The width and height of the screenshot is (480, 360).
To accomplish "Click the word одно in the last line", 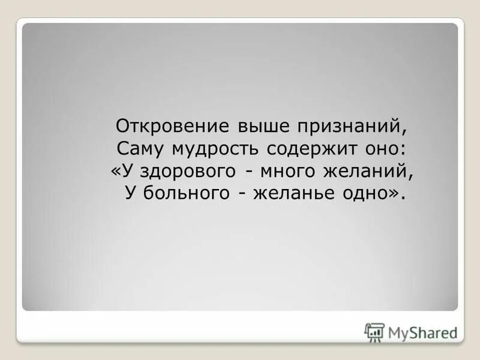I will [366, 194].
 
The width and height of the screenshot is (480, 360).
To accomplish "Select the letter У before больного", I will [131, 194].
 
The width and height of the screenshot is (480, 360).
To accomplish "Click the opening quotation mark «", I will [116, 172].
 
